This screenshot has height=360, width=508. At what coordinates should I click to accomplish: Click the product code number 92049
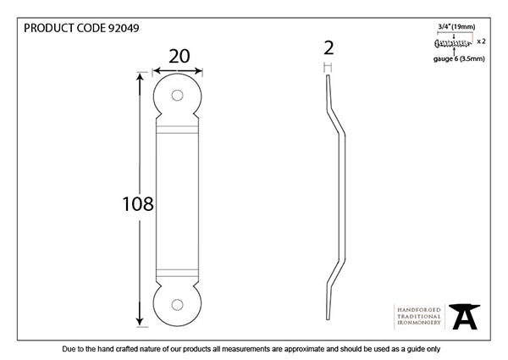pyautogui.click(x=124, y=28)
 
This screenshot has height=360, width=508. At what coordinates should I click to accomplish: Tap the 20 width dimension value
pyautogui.click(x=179, y=57)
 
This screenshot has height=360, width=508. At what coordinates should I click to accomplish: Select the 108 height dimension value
pyautogui.click(x=138, y=204)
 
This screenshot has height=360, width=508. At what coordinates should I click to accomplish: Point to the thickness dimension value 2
pyautogui.click(x=329, y=48)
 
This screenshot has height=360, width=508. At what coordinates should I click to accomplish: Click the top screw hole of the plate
pyautogui.click(x=177, y=95)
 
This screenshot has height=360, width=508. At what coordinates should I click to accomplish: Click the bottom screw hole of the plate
pyautogui.click(x=177, y=305)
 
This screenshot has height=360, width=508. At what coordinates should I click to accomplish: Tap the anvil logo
pyautogui.click(x=464, y=317)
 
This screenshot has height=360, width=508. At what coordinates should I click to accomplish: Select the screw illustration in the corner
pyautogui.click(x=453, y=43)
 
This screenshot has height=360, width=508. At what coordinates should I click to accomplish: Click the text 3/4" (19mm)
pyautogui.click(x=456, y=26)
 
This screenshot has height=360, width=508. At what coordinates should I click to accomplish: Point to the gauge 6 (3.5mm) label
pyautogui.click(x=459, y=58)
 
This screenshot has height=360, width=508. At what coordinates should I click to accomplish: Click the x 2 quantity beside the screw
pyautogui.click(x=481, y=42)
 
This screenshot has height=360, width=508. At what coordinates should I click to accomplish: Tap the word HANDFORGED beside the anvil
pyautogui.click(x=419, y=310)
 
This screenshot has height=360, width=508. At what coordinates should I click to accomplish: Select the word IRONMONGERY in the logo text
pyautogui.click(x=419, y=323)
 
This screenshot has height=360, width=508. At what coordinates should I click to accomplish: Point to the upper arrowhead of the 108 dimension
pyautogui.click(x=140, y=79)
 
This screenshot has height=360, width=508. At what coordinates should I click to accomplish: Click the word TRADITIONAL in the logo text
pyautogui.click(x=419, y=316)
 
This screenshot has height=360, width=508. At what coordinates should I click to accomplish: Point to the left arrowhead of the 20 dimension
pyautogui.click(x=157, y=71)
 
